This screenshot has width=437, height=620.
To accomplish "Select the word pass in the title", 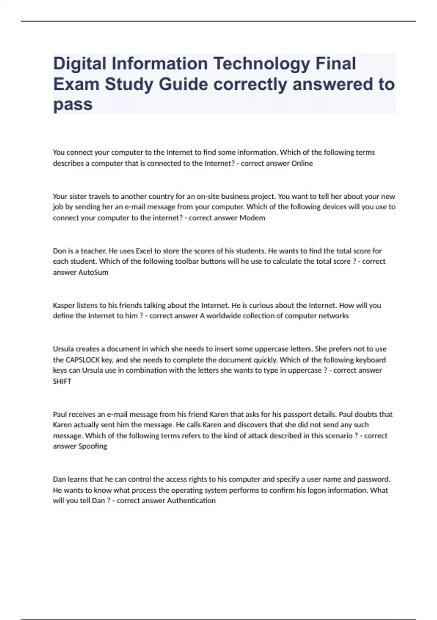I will click(x=73, y=104).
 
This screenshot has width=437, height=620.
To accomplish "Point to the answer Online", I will click(x=302, y=163).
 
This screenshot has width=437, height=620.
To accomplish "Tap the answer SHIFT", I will click(x=62, y=381).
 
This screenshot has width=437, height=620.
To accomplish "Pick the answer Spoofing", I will click(x=92, y=446).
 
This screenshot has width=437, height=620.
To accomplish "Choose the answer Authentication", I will click(x=191, y=501).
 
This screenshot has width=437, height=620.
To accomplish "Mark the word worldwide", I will click(x=223, y=316).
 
